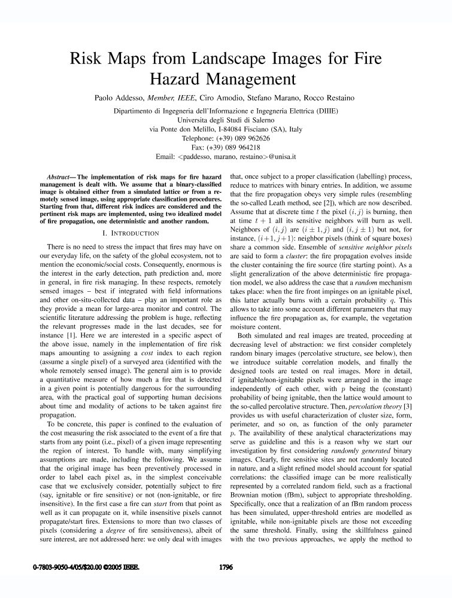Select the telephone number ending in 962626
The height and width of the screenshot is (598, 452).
click(x=241, y=138)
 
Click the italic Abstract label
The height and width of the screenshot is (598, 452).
click(x=60, y=178)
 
